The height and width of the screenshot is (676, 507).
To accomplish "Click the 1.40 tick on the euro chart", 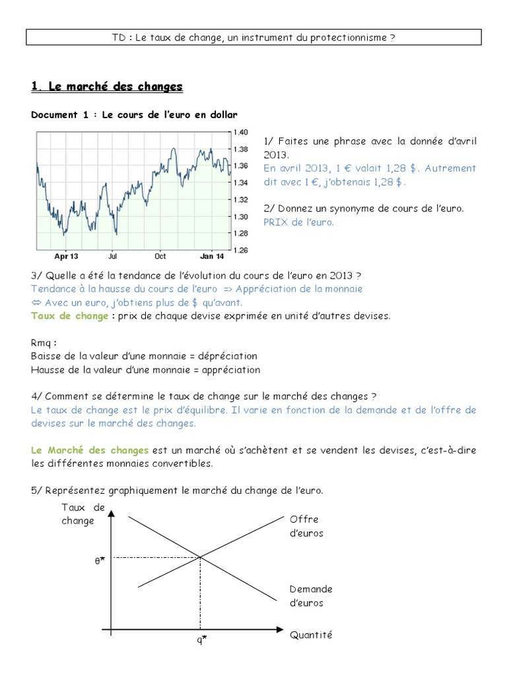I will (240, 132).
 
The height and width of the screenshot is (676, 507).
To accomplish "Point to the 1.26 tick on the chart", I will (240, 250).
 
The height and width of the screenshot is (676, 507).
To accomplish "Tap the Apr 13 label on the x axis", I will (66, 255).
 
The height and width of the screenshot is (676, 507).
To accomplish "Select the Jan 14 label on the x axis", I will (212, 255).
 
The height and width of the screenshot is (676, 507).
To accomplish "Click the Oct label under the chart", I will (160, 255).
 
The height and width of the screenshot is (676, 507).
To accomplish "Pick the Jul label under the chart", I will (112, 255).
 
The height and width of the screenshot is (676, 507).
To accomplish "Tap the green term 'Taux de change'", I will (69, 316).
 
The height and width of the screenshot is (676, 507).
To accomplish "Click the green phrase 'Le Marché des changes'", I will (90, 450).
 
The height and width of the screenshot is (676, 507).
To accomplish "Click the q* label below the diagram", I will (201, 639).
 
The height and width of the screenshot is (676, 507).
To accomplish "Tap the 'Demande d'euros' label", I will (310, 595).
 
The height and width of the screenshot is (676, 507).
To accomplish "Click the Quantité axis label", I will (311, 635).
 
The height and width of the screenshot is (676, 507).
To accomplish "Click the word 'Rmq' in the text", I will (42, 343).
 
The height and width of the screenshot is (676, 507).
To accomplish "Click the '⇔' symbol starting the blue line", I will (36, 302).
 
